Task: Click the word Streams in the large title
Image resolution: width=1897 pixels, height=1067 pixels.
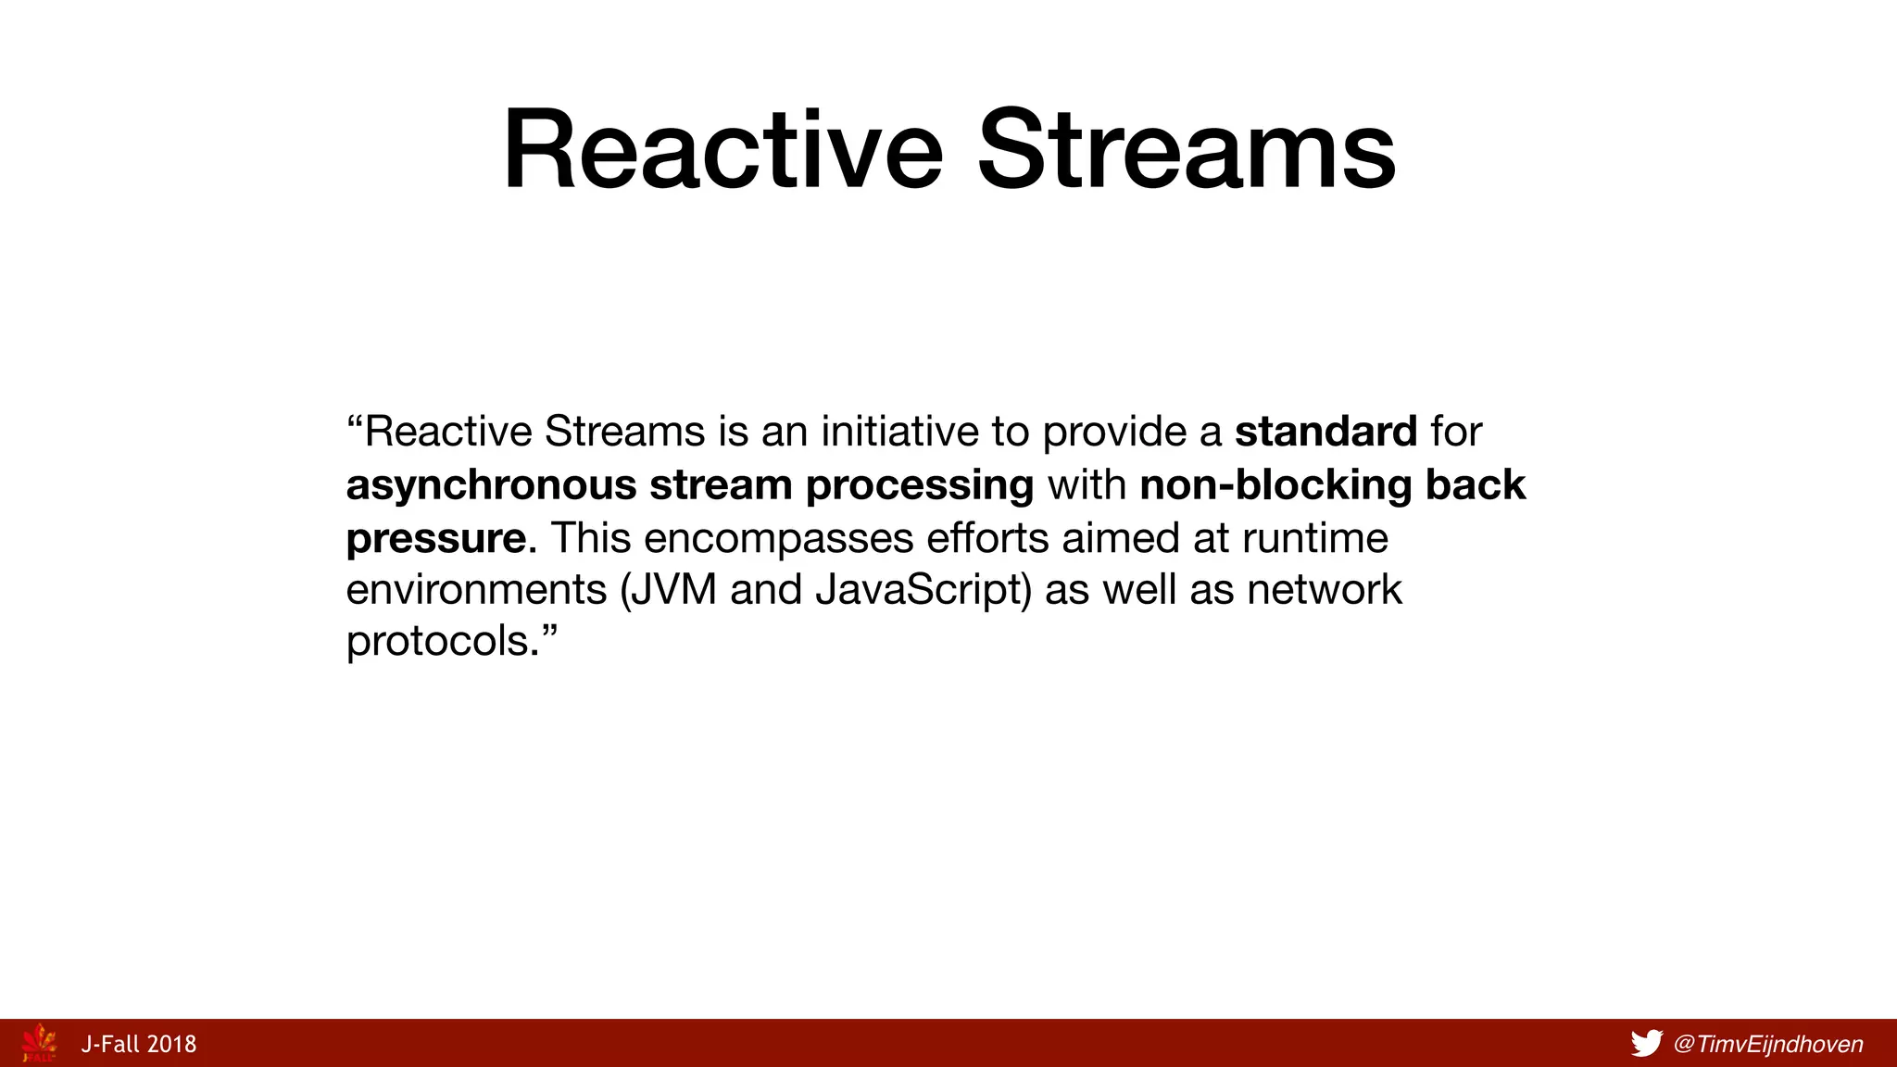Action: click(1187, 151)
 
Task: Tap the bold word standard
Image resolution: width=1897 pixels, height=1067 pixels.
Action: click(1325, 433)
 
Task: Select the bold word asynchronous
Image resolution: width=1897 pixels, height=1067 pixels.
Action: click(491, 486)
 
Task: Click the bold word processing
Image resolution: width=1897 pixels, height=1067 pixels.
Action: click(919, 486)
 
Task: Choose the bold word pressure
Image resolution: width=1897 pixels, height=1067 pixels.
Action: click(436, 539)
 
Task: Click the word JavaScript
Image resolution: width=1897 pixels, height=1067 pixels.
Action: click(923, 591)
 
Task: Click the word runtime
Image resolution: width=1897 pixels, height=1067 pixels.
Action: click(1314, 539)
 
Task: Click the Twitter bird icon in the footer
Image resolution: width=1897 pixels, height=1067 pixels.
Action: click(1646, 1044)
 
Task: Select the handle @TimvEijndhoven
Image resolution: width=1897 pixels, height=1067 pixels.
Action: click(1768, 1045)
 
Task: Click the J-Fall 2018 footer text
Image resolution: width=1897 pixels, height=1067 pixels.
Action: click(139, 1045)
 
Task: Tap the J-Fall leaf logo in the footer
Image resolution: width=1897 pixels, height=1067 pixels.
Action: click(39, 1043)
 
